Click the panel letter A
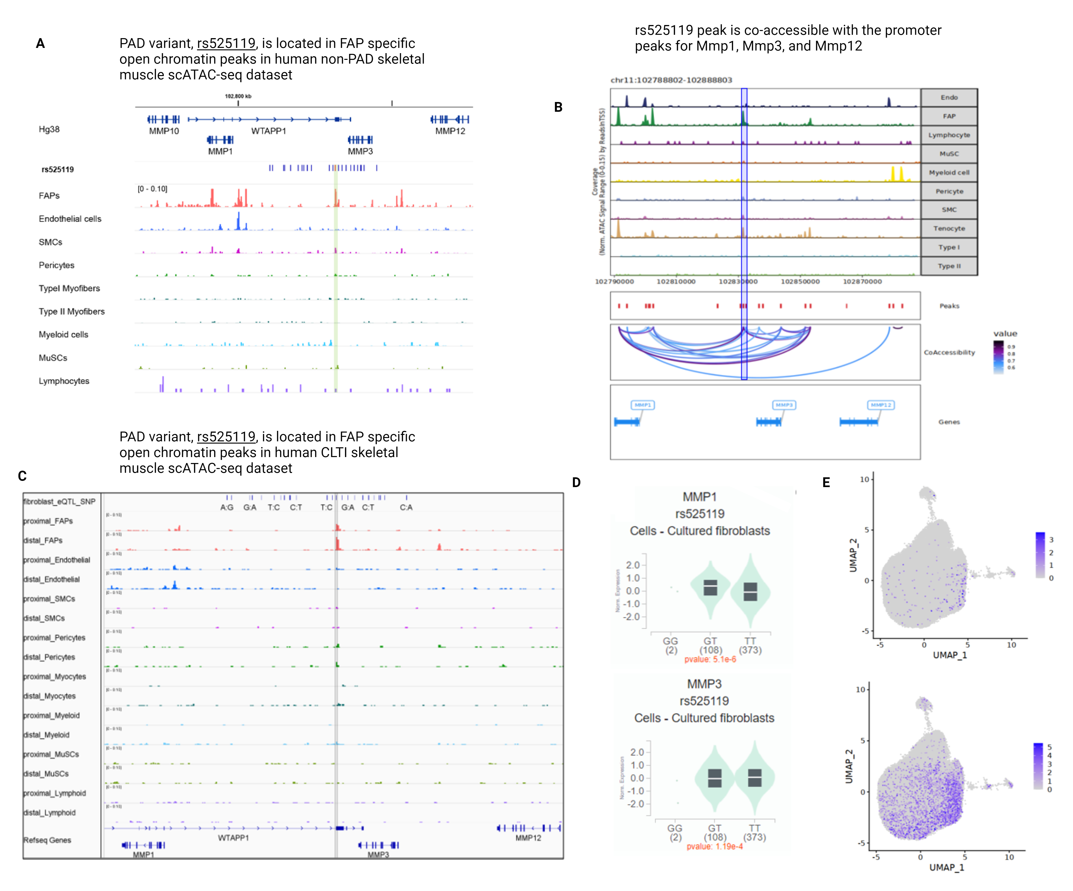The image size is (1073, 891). pos(40,43)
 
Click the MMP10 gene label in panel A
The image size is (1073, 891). pos(164,131)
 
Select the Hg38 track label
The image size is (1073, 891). pos(49,129)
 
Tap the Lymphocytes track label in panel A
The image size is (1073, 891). pos(64,381)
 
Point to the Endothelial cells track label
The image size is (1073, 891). pos(70,219)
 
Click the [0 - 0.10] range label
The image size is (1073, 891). pos(152,189)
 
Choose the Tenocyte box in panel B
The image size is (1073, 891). pos(949,228)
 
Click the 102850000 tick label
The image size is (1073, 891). pos(800,281)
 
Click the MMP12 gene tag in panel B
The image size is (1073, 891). pos(881,405)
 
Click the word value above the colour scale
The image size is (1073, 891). pos(1005,334)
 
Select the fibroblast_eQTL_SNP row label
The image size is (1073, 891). pos(59,502)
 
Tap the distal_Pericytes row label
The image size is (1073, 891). pos(49,657)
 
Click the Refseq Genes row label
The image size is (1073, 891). pos(47,840)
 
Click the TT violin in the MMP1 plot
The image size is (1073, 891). pos(750,591)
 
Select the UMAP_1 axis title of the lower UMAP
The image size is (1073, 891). pos(946,867)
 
